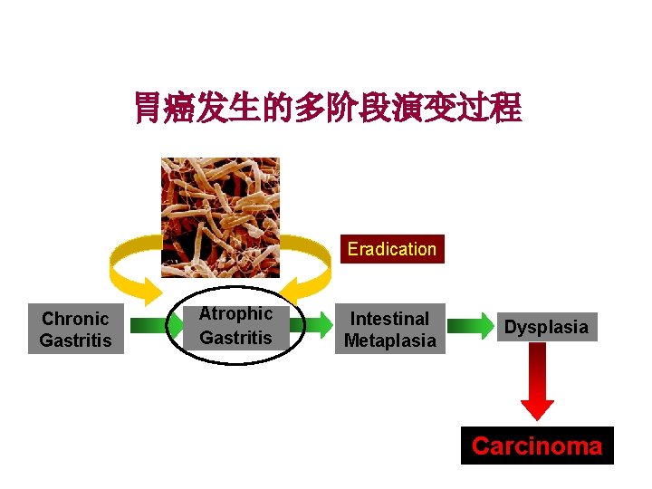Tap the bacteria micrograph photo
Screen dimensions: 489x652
coord(220,216)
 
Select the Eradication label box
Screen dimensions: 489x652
coord(391,249)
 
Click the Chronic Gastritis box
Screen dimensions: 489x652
coord(76,329)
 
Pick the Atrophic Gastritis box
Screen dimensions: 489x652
coord(235,326)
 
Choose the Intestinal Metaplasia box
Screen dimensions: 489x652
coord(389,329)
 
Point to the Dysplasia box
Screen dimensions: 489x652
coord(546,327)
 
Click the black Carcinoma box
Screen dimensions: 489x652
coord(537,446)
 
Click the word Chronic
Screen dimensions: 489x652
coord(75,319)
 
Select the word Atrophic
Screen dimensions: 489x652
coord(235,314)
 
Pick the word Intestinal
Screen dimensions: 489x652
coord(389,319)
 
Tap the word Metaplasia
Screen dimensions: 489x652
coord(389,340)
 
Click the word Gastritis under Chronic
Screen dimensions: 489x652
coord(76,340)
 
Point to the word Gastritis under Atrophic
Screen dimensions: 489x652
coord(235,338)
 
